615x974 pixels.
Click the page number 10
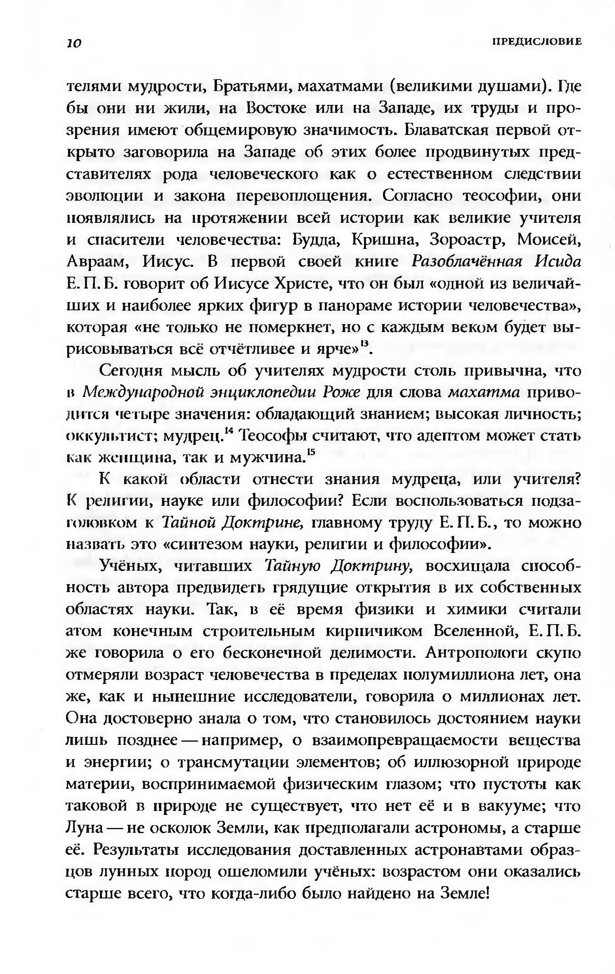[x=75, y=43]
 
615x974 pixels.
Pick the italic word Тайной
[x=187, y=523]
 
